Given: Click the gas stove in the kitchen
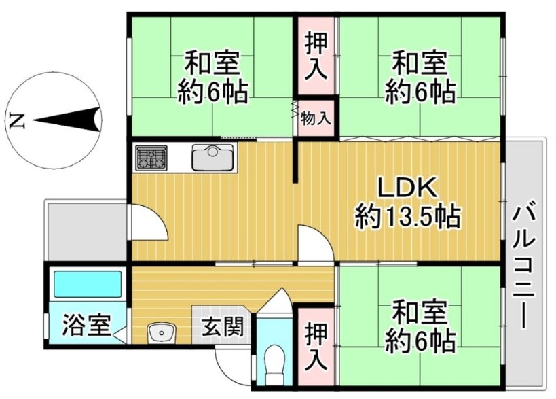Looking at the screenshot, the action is (x=151, y=158).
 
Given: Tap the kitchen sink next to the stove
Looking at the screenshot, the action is (x=212, y=157).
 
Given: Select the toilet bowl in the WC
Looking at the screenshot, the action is (x=275, y=362).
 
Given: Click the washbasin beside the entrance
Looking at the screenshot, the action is (x=162, y=332).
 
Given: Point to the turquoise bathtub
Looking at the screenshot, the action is (x=87, y=284).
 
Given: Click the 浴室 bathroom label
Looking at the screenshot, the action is (x=87, y=326).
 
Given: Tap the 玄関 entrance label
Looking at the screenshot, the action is (x=223, y=326).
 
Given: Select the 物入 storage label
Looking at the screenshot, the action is (x=316, y=118).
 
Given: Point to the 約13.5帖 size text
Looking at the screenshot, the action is (x=408, y=217).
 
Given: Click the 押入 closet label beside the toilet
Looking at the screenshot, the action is (x=316, y=347).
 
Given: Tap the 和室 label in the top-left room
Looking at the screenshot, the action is (x=212, y=63).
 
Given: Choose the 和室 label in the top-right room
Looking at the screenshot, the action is (x=420, y=63).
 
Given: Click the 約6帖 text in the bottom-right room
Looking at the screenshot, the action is (x=420, y=341).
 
